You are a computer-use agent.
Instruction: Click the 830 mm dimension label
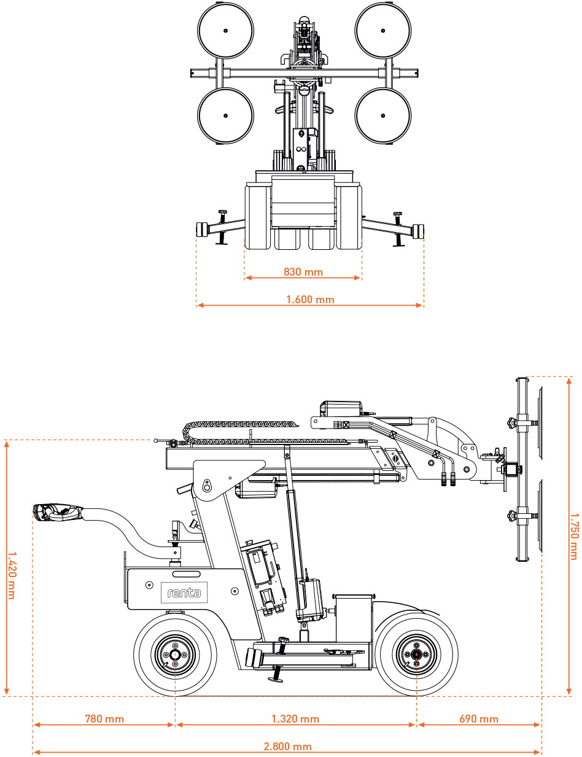[303, 272]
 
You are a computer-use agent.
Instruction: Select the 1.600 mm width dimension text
[310, 300]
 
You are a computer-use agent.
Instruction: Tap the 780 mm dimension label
[104, 719]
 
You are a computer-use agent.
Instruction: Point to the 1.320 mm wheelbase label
[295, 719]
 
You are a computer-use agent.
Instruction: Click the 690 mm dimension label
[479, 719]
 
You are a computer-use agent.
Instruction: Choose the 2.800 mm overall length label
[287, 747]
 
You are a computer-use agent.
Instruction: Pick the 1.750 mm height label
[573, 536]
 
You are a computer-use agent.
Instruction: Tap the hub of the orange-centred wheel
[416, 655]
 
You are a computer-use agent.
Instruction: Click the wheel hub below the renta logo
[175, 655]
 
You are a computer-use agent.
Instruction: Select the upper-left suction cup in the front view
[225, 31]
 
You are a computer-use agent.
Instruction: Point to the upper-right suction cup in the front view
[382, 31]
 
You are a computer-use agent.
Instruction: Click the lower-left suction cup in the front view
[225, 115]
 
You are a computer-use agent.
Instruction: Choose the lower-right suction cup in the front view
[382, 115]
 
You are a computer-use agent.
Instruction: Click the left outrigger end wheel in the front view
[200, 231]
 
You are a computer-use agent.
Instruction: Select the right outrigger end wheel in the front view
[419, 231]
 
